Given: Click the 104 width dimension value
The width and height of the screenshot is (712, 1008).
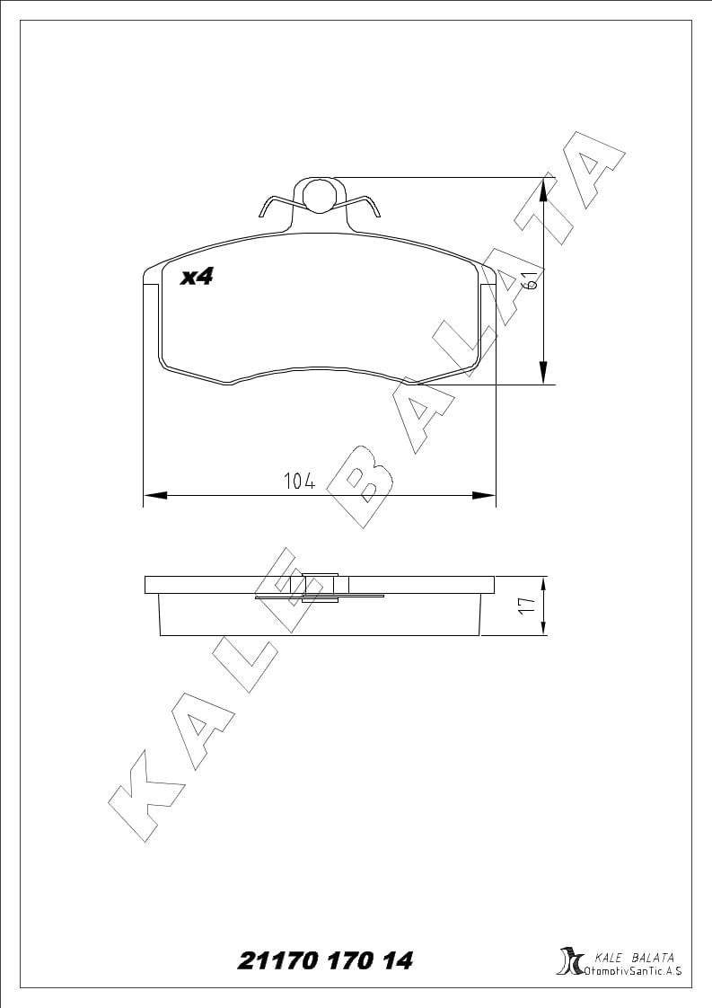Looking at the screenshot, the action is (300, 481).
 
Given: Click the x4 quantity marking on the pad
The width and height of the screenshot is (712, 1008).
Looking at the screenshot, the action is (196, 277).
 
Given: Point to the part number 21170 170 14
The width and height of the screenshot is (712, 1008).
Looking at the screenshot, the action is (326, 960).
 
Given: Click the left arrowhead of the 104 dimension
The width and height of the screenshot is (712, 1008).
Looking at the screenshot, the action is (154, 495).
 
